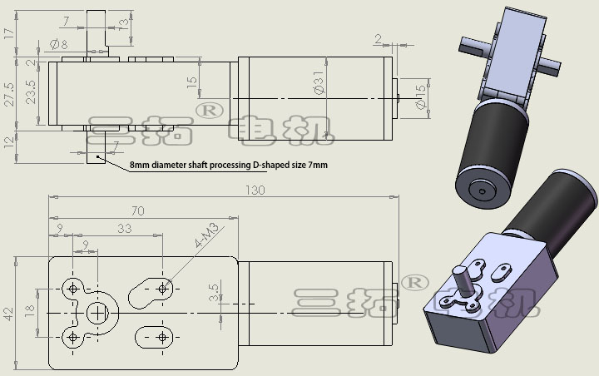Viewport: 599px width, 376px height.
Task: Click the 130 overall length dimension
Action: (255, 190)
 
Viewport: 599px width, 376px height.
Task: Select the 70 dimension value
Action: (137, 211)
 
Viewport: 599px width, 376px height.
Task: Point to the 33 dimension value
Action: (125, 228)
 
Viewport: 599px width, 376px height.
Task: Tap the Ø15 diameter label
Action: (419, 97)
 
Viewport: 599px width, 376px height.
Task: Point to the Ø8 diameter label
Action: (59, 43)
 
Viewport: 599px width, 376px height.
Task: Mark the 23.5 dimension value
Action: (31, 91)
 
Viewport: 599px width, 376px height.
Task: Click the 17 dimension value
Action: (8, 33)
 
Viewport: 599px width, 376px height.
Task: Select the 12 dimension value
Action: (9, 143)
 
